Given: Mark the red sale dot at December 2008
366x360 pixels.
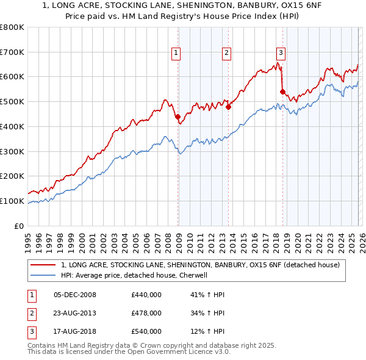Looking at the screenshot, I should click(178, 117).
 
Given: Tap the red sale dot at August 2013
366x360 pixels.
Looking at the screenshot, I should click(228, 107).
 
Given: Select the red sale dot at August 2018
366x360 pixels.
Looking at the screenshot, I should click(282, 92).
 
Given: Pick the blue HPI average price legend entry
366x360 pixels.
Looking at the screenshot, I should click(135, 275).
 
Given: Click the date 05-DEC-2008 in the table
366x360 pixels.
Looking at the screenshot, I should click(75, 295).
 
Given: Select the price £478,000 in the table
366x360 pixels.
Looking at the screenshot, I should click(146, 314).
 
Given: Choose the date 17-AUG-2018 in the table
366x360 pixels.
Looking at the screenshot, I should click(75, 332).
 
